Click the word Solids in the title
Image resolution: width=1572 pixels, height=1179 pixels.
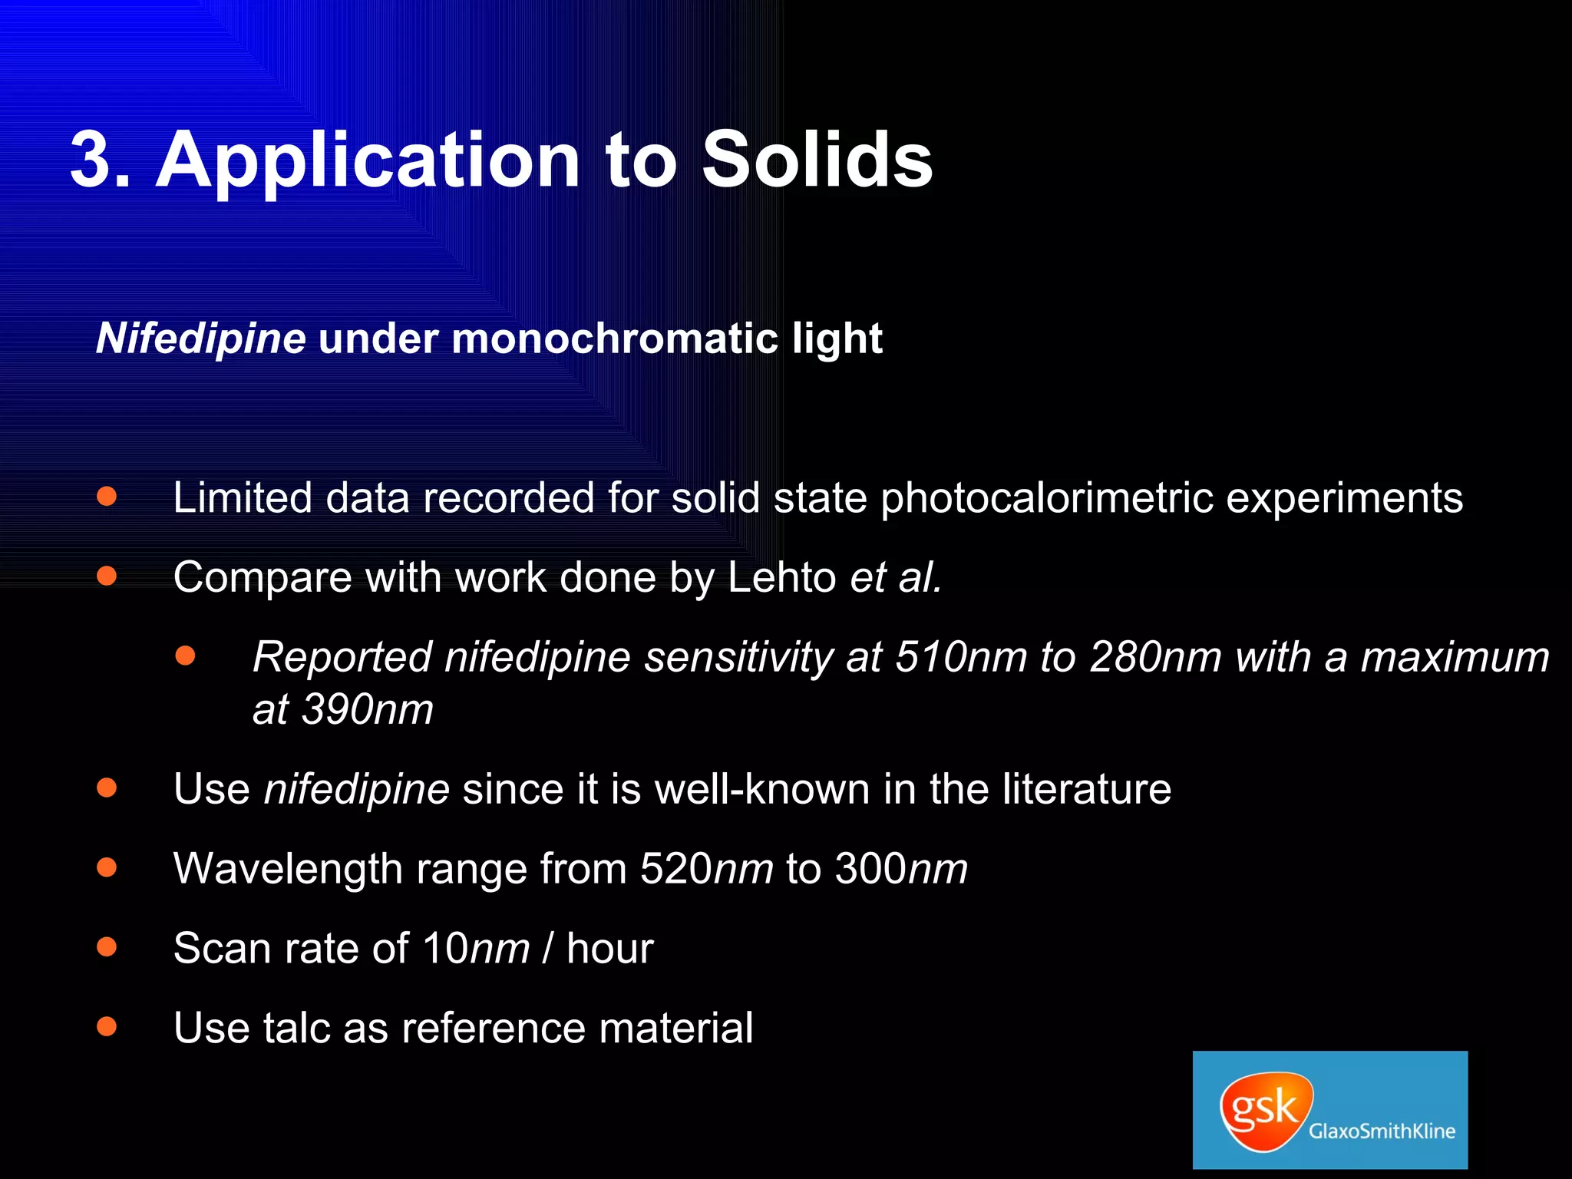pos(817,160)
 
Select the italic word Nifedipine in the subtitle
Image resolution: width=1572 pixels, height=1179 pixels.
pos(201,339)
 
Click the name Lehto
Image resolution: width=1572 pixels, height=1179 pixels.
pos(781,577)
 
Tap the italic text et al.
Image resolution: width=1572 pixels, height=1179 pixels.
pos(896,577)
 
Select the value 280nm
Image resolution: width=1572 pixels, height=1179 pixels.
pos(1155,658)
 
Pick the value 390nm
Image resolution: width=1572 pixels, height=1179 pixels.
pos(368,709)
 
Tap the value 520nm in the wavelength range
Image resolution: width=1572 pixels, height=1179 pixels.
pos(707,869)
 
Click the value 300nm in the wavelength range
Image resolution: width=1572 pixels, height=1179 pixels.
pos(901,869)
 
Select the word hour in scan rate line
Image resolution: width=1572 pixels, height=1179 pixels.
pos(609,949)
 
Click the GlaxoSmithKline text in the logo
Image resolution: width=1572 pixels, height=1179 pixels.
pos(1382,1131)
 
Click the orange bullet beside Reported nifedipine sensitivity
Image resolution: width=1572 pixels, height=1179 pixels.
pos(186,656)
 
